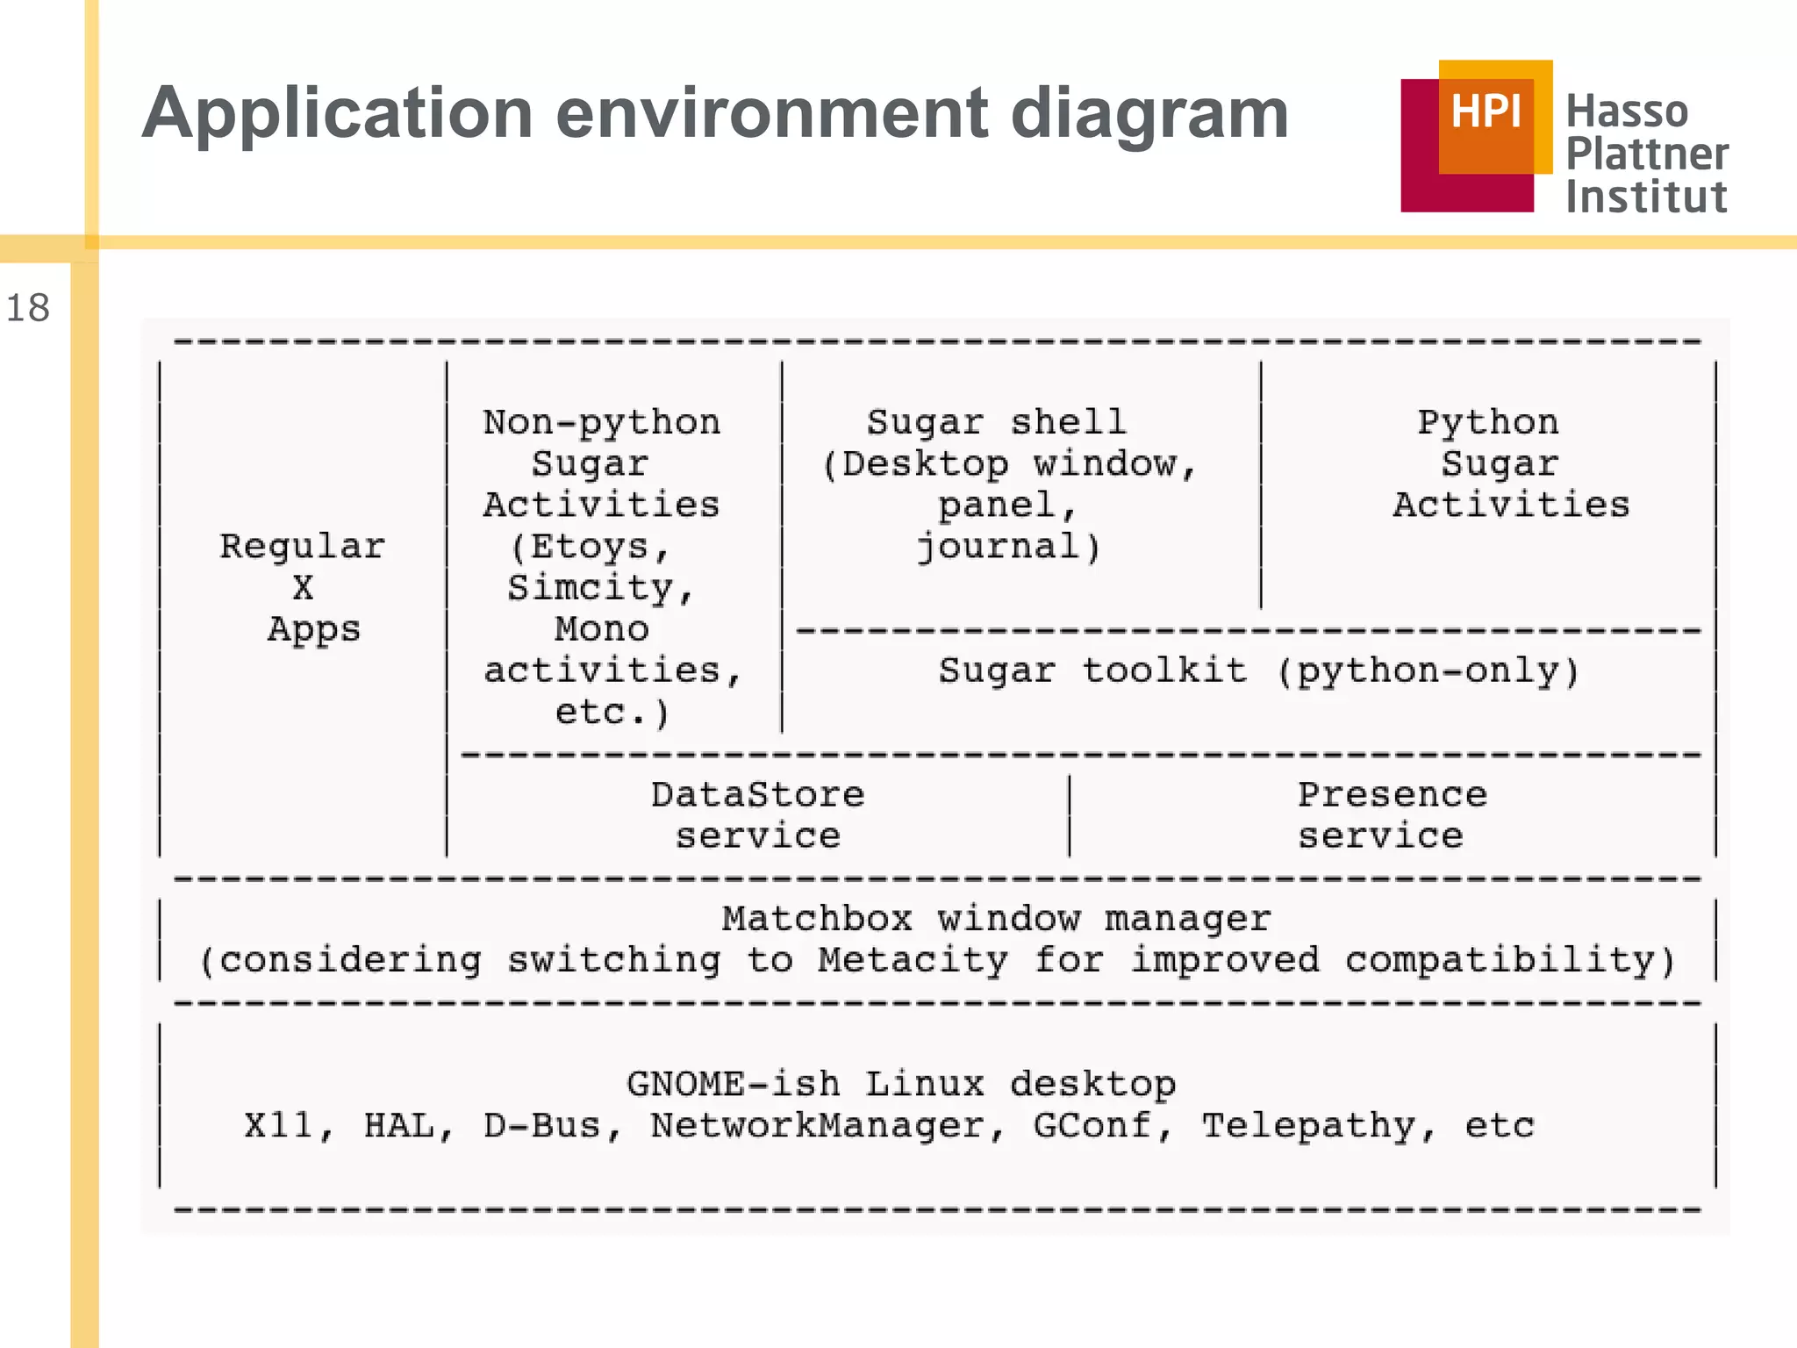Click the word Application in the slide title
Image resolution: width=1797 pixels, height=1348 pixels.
pyautogui.click(x=338, y=114)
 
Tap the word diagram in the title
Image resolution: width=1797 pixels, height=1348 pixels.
pyautogui.click(x=1149, y=114)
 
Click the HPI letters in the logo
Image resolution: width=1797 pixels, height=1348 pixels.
pyautogui.click(x=1486, y=111)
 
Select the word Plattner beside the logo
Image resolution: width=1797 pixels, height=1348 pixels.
pyautogui.click(x=1647, y=154)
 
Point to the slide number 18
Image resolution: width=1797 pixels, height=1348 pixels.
pyautogui.click(x=27, y=308)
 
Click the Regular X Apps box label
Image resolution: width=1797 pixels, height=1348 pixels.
pyautogui.click(x=303, y=587)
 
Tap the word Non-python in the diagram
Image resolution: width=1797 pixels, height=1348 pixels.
pyautogui.click(x=601, y=422)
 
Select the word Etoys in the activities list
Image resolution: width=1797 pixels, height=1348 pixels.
pyautogui.click(x=590, y=547)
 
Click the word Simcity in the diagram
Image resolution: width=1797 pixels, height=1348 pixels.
pyautogui.click(x=590, y=587)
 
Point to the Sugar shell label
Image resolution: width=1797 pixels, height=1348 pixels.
pyautogui.click(x=996, y=422)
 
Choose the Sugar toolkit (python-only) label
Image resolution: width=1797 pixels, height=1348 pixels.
pyautogui.click(x=1258, y=671)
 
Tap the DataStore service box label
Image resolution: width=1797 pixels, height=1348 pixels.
pyautogui.click(x=757, y=814)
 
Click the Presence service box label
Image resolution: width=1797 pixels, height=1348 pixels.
pyautogui.click(x=1392, y=814)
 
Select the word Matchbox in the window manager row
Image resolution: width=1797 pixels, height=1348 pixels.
pyautogui.click(x=817, y=919)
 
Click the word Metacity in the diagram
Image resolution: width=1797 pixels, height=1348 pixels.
pyautogui.click(x=913, y=960)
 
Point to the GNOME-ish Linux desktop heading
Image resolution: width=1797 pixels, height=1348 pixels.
pyautogui.click(x=901, y=1085)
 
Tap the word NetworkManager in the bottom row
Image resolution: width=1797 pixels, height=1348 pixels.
pyautogui.click(x=817, y=1126)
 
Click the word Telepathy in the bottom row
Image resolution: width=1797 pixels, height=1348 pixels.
pyautogui.click(x=1307, y=1126)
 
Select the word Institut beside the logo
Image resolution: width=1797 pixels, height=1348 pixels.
pyautogui.click(x=1646, y=197)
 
